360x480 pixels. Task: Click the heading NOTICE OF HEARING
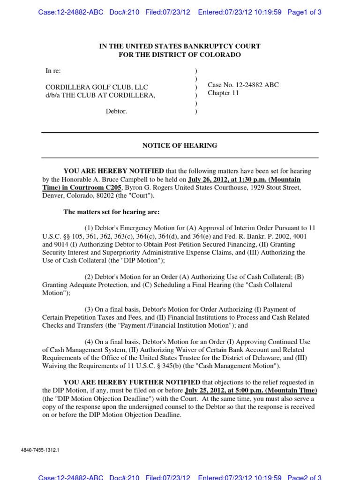coord(180,145)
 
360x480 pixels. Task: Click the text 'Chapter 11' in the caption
coord(223,93)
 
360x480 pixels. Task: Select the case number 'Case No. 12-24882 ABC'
coord(243,85)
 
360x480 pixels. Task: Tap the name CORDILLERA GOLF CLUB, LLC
coord(96,87)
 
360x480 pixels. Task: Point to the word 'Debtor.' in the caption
coord(116,112)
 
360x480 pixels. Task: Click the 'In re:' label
coord(53,71)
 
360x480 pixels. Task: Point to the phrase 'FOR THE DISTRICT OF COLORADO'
coord(180,55)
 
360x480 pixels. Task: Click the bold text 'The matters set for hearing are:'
coord(112,212)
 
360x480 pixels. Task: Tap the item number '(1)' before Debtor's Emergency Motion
coord(90,228)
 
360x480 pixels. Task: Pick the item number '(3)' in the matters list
coord(90,309)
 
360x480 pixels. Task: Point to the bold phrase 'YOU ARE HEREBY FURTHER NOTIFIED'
coord(132,382)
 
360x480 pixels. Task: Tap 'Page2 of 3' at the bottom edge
coord(304,477)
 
